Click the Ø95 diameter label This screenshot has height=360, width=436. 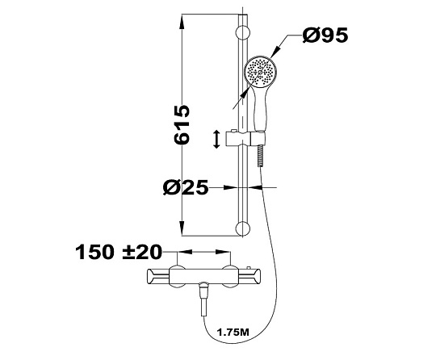pos(325,36)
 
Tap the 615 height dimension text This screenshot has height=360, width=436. pos(182,124)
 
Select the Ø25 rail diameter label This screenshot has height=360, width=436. pos(186,187)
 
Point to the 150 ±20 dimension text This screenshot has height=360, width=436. pos(119,252)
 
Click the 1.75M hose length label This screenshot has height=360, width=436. pos(233,332)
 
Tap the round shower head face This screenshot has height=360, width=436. pos(260,72)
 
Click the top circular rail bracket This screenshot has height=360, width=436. pos(243,33)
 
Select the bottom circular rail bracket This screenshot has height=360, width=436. pos(243,228)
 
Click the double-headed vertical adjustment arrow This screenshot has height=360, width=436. pos(216,139)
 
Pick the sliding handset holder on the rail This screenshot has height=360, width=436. pos(245,138)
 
